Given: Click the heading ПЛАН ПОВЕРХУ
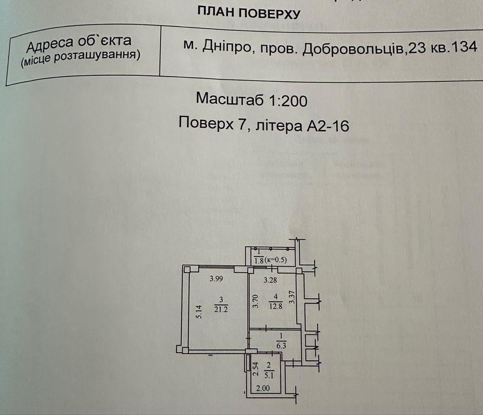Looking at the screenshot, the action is point(248,13).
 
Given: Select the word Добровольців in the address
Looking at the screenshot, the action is point(353,49).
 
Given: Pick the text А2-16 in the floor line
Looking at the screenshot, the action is point(328,126).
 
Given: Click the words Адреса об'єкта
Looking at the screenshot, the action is point(79,44).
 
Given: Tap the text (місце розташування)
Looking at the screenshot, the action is point(81,58).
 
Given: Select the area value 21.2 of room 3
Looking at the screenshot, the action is point(221,309).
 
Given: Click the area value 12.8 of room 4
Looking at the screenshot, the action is point(276,306).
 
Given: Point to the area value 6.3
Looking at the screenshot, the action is point(281,346).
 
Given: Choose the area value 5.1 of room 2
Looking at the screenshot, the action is point(268,376).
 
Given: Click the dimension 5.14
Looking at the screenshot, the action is point(199,312).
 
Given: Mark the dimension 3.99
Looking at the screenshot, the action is point(216,279).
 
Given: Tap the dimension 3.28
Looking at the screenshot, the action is point(270,280).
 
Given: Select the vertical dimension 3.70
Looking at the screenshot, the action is point(255,302).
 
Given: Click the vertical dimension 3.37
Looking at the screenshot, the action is point(292,297).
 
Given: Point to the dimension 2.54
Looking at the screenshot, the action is point(255,369).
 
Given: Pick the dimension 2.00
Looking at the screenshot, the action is point(263,388).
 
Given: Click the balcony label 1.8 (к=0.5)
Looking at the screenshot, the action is point(270,261).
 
